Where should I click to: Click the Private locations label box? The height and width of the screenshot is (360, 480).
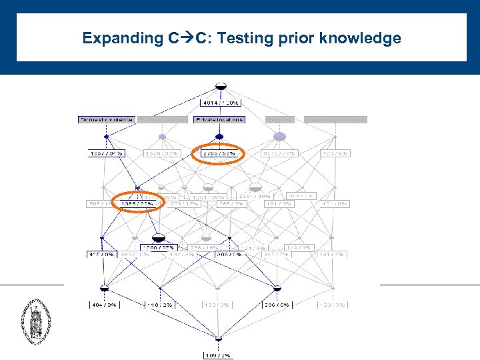point(219,120)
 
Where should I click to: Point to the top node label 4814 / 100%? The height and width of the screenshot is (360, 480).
point(221,103)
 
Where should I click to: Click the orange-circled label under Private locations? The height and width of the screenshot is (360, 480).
point(219,153)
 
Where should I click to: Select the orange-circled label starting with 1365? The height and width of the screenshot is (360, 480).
point(138,203)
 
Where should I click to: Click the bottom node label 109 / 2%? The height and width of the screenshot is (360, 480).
point(218,355)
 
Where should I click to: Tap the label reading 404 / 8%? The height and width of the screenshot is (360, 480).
point(104,305)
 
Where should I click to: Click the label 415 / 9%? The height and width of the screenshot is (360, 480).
point(101,254)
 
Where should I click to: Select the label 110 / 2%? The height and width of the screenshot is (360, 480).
point(160,305)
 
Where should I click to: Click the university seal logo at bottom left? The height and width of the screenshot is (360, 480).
point(35,321)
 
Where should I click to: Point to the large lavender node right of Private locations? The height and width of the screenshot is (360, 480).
point(279,136)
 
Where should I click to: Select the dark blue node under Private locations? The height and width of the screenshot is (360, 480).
point(219,137)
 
